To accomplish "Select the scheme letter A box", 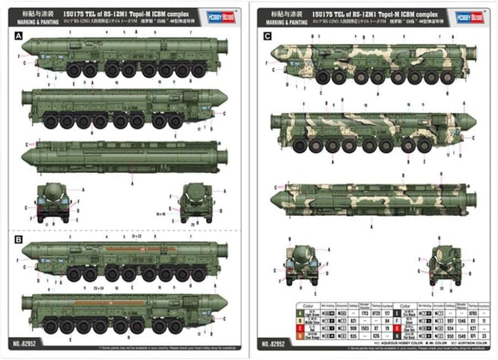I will (x=18, y=36).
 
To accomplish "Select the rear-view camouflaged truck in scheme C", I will (x=444, y=261).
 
